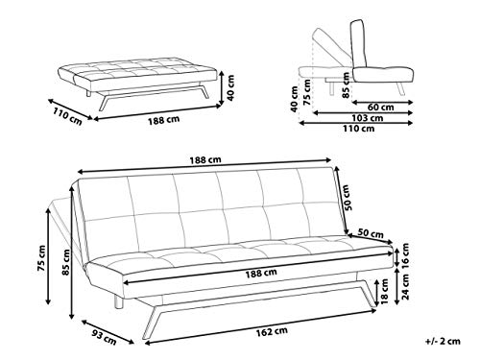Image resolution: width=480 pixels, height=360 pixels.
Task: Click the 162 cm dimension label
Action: [272, 332]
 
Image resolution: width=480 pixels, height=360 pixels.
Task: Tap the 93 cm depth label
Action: [105, 338]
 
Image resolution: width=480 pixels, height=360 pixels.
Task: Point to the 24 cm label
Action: [405, 287]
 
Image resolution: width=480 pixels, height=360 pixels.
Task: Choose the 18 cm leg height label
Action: [385, 292]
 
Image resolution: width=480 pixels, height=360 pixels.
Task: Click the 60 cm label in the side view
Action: [380, 108]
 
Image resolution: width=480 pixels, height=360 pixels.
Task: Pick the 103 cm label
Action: [368, 118]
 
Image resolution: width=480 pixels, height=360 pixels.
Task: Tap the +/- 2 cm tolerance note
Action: [443, 342]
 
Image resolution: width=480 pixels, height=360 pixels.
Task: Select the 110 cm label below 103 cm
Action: [359, 129]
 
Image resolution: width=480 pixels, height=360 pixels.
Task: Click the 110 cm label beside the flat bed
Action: [67, 116]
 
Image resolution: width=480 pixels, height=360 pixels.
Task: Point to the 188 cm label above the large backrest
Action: [205, 160]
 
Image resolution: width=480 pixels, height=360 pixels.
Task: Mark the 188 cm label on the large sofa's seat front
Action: [261, 274]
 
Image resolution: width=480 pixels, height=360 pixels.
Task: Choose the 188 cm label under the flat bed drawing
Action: [163, 120]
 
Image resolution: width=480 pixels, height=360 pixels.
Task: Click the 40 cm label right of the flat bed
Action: [230, 88]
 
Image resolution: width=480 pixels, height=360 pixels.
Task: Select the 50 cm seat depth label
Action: [371, 233]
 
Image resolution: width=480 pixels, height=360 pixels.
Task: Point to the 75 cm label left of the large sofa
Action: [41, 258]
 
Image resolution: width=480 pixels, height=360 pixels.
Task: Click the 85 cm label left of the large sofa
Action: [66, 262]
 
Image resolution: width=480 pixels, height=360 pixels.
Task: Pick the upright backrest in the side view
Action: [359, 44]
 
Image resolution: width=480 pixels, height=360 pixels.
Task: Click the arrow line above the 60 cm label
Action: [382, 103]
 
